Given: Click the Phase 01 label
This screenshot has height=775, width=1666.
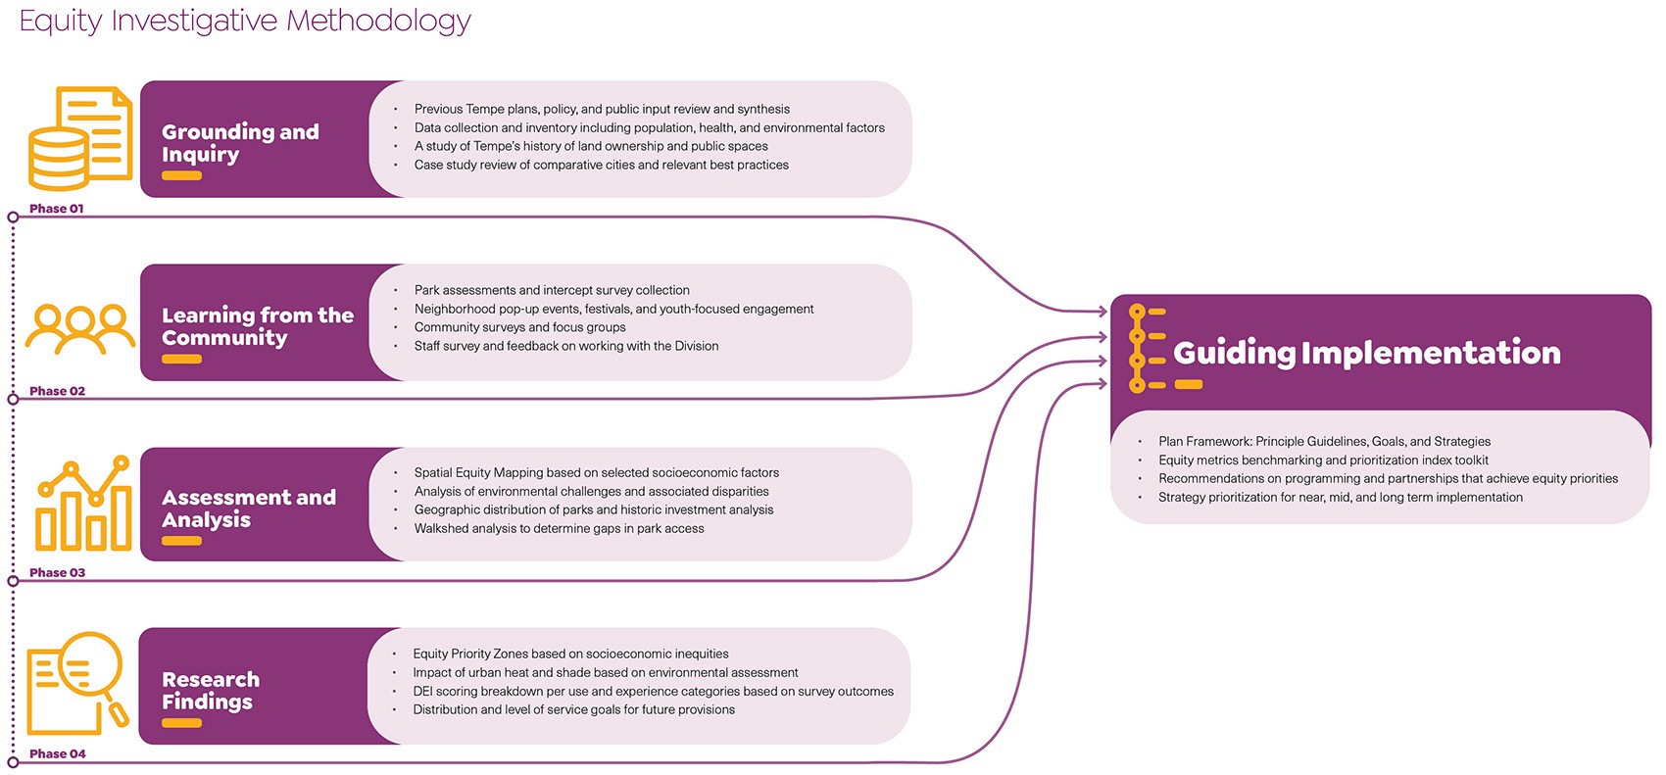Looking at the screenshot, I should coord(57,209).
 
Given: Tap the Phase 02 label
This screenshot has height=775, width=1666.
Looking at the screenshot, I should coord(57,391).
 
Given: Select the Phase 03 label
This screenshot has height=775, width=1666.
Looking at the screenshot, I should coord(57,572).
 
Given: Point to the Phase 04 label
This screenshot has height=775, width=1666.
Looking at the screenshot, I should coord(57,753).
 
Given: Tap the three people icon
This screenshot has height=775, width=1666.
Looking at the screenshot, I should coord(80,327).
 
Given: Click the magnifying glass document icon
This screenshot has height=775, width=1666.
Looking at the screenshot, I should coord(77,683).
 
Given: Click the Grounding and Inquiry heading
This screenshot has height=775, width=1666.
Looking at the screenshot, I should coord(240,143).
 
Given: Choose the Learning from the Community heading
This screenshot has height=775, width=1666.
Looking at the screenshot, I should coord(257,326).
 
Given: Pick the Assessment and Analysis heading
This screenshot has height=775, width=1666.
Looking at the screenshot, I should coord(248,509).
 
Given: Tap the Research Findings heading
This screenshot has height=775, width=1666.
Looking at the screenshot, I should coord(211,691).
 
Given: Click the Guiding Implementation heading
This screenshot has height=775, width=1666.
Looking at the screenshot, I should coord(1366,353).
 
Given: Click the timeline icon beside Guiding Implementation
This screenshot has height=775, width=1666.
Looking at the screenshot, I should coord(1146,349).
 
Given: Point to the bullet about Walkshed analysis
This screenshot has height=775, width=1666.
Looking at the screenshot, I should coord(559,529).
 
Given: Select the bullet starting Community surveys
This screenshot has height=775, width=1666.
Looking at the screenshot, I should coord(519,327).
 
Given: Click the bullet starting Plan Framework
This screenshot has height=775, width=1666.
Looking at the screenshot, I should coord(1324,442).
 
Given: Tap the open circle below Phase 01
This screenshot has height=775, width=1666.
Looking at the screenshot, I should coord(13,218).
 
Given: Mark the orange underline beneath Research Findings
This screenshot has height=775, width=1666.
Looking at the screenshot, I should coord(181,723).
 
